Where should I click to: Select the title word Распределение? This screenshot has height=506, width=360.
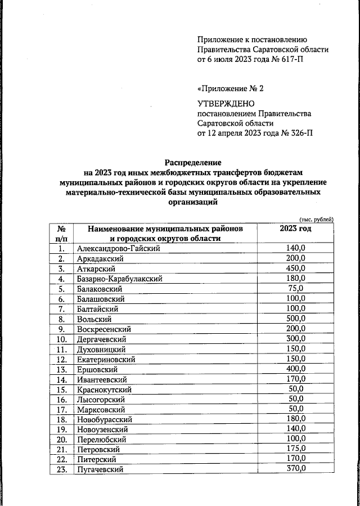tap(193, 162)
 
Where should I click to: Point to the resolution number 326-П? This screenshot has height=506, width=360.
tap(299, 133)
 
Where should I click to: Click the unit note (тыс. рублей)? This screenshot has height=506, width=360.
tap(316, 219)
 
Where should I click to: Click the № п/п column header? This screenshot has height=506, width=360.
tap(62, 234)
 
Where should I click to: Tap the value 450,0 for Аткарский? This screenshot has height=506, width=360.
tap(295, 268)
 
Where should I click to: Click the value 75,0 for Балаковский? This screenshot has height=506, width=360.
tap(295, 288)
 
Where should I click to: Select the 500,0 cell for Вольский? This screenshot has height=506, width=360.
tap(295, 319)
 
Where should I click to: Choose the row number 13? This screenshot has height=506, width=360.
tap(62, 369)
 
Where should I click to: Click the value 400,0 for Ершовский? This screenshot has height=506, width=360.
tap(295, 369)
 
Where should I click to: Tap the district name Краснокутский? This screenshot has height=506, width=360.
tap(105, 389)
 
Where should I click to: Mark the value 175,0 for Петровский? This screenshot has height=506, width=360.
tap(295, 449)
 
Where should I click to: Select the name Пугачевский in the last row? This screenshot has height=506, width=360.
tap(101, 469)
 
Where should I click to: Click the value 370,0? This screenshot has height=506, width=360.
tap(295, 469)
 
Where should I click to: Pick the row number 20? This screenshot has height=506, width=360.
tap(62, 439)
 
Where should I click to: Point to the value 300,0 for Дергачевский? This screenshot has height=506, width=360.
tap(295, 339)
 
